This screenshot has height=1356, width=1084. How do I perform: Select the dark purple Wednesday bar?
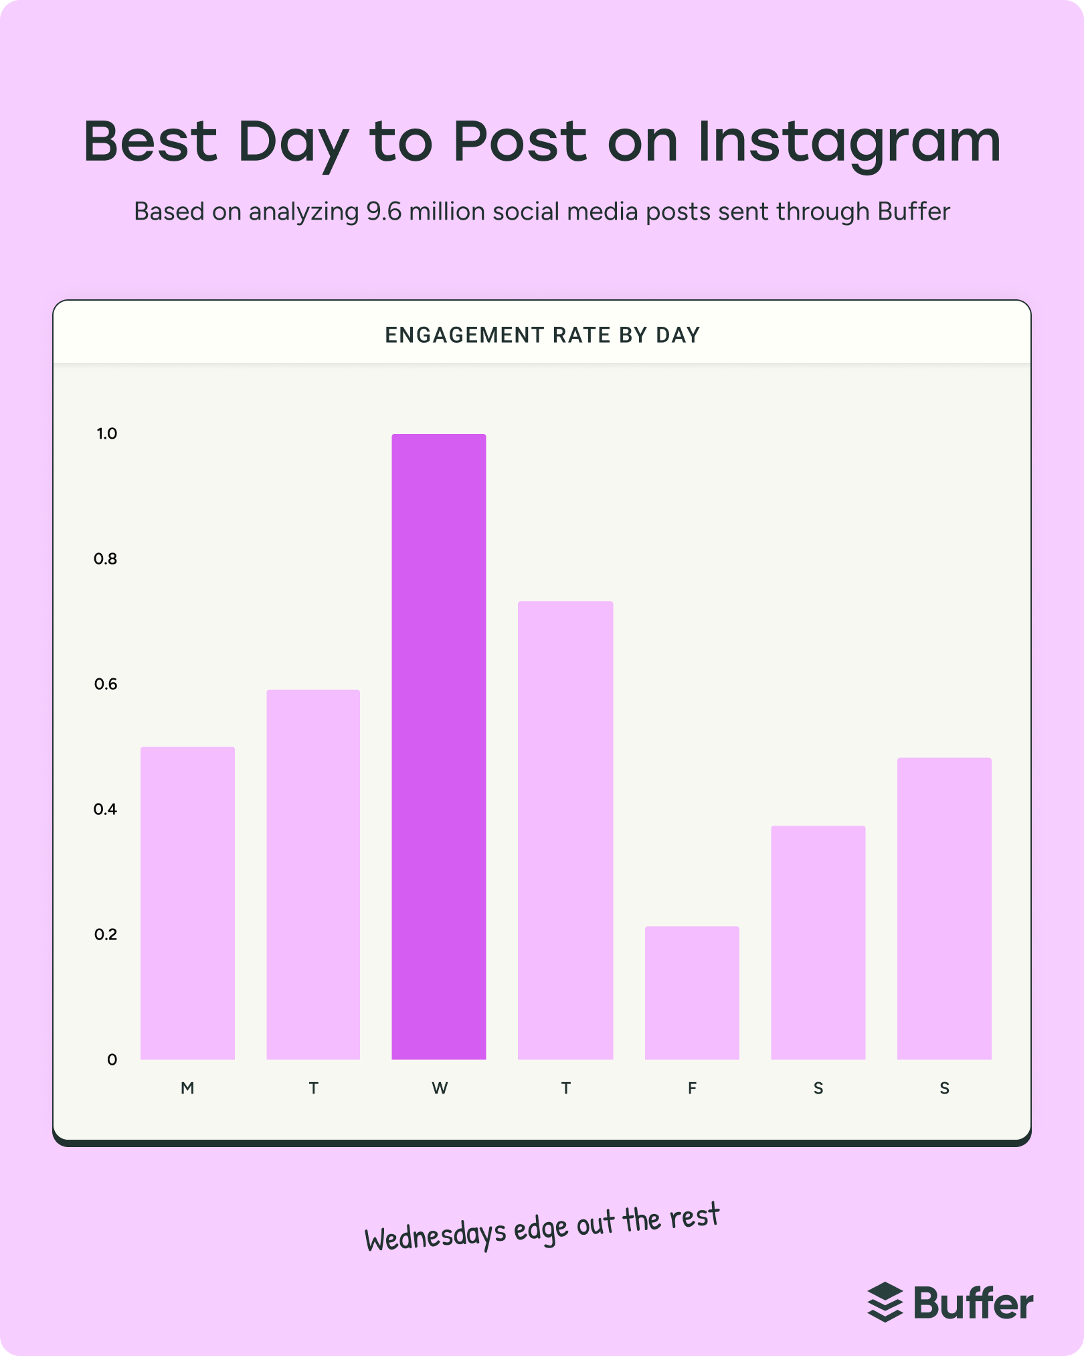439,747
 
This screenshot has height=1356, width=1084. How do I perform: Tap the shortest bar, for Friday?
692,992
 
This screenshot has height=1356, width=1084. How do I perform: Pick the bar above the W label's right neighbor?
565,830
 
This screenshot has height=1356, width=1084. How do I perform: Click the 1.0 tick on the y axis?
107,434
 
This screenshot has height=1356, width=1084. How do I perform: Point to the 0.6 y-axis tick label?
106,684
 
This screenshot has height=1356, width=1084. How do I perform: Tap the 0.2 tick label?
106,934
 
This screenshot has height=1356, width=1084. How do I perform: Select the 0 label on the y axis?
112,1059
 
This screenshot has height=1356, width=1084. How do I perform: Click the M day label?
187,1088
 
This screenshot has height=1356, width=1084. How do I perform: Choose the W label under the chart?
440,1088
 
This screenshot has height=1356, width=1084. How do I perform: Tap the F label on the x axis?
692,1088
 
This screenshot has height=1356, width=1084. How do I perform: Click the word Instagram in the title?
849,143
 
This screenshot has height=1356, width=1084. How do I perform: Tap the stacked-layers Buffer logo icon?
885,1302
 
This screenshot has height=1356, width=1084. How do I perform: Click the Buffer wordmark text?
974,1303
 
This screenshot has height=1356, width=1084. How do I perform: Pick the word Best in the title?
151,141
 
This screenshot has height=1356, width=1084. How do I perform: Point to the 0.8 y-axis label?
106,558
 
